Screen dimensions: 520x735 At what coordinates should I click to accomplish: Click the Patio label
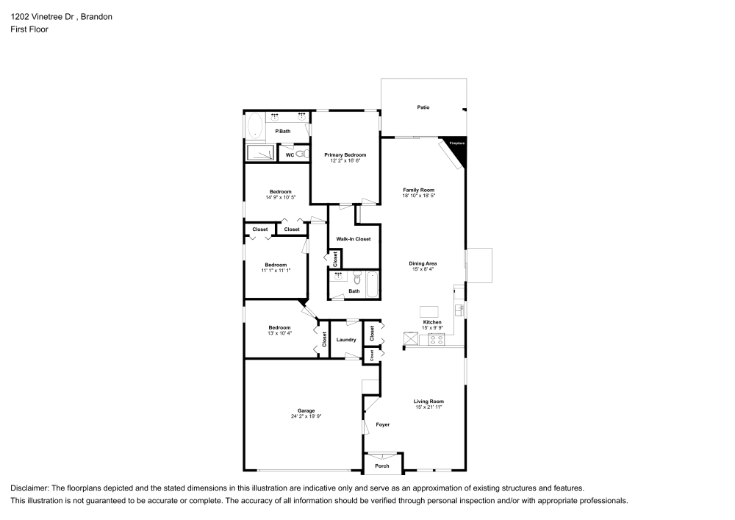click(x=423, y=107)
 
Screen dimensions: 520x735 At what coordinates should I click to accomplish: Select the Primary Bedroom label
click(x=345, y=155)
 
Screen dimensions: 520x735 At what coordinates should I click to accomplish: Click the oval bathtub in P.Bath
click(x=256, y=127)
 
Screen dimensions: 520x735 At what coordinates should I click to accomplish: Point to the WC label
click(x=290, y=155)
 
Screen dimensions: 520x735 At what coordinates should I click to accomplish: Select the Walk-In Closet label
click(x=354, y=239)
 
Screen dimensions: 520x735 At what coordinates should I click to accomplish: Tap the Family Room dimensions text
click(x=419, y=196)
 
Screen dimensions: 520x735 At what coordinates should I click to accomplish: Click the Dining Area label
click(x=423, y=263)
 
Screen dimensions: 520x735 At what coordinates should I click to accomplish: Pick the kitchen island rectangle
click(x=429, y=310)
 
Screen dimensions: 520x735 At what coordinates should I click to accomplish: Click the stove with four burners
click(x=436, y=339)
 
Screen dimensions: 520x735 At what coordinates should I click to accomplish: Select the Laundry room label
click(x=346, y=340)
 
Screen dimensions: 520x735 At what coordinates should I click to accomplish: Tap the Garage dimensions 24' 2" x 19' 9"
click(x=306, y=416)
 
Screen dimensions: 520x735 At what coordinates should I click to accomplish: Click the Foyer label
click(x=383, y=424)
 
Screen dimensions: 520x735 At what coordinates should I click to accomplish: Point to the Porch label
click(x=382, y=466)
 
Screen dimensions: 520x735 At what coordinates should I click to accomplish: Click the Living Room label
click(x=429, y=401)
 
